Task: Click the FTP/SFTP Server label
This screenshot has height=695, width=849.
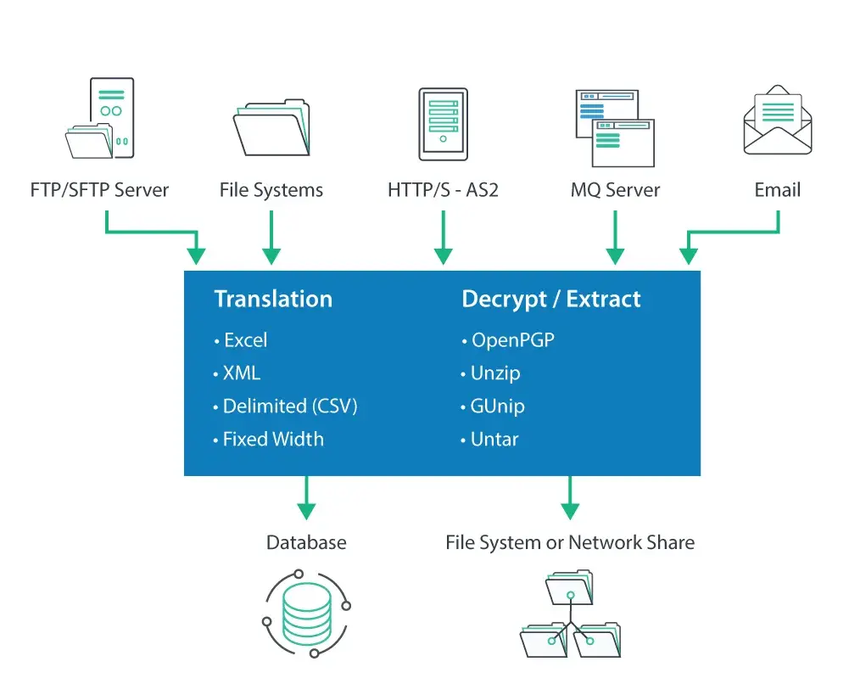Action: coord(99,190)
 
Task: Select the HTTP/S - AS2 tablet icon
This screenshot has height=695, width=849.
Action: coord(443,124)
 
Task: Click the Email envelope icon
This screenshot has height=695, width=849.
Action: coord(778,124)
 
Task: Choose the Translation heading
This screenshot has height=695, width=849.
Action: coord(273,299)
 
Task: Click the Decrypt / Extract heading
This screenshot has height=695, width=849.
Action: coord(551,299)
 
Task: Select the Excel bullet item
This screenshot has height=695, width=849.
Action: coord(244,340)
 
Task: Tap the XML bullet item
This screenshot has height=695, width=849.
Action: coord(241,373)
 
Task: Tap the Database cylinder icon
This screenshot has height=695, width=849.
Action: coord(306,613)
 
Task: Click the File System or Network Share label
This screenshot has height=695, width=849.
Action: coord(570,543)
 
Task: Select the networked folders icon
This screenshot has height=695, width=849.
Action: coord(570,614)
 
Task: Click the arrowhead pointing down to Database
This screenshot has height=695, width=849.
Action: coord(306,511)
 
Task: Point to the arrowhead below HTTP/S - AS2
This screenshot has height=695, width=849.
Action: coord(443,255)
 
